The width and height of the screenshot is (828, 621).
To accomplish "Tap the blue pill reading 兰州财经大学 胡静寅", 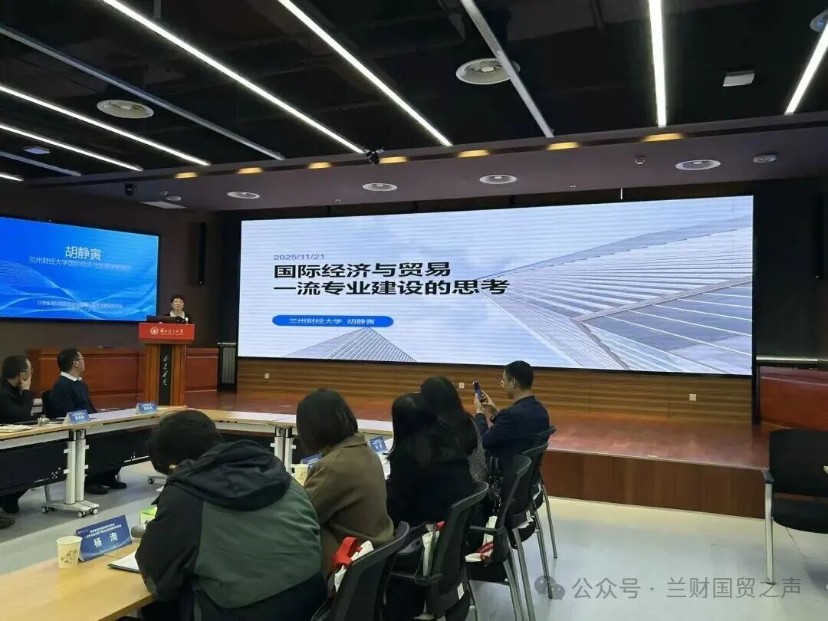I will pos(332,321).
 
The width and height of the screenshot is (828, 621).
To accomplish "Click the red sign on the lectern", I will pos(166,332).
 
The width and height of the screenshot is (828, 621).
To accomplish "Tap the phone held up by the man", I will pos(478,390).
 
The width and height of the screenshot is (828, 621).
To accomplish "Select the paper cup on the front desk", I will pos(68,551).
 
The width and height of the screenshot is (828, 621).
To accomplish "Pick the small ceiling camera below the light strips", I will pos(373,157).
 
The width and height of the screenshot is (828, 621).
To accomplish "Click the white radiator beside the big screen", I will pos(228,365).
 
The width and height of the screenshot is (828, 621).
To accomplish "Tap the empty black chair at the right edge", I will pos(797,483).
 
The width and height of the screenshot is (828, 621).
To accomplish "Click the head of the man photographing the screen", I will pos(517,376).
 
